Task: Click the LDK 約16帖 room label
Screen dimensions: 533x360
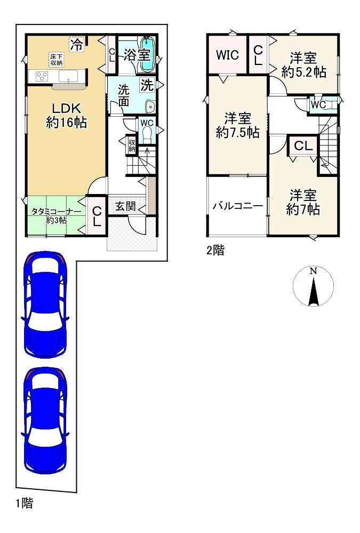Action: point(66,115)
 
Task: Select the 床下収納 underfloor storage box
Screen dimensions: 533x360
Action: point(57,60)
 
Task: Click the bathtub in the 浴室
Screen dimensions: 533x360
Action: point(147,54)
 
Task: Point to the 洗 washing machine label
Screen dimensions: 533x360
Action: point(147,84)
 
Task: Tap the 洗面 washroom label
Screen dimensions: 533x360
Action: point(124,94)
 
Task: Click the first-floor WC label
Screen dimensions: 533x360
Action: point(147,123)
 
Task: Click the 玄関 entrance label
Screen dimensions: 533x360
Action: point(125,205)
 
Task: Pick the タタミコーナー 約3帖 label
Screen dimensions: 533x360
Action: point(55,215)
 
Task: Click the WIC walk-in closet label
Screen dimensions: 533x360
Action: point(227,55)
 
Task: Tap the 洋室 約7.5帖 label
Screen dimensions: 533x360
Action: point(237,126)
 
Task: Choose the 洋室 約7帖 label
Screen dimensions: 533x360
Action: point(303,203)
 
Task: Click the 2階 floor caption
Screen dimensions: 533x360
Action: point(215,251)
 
